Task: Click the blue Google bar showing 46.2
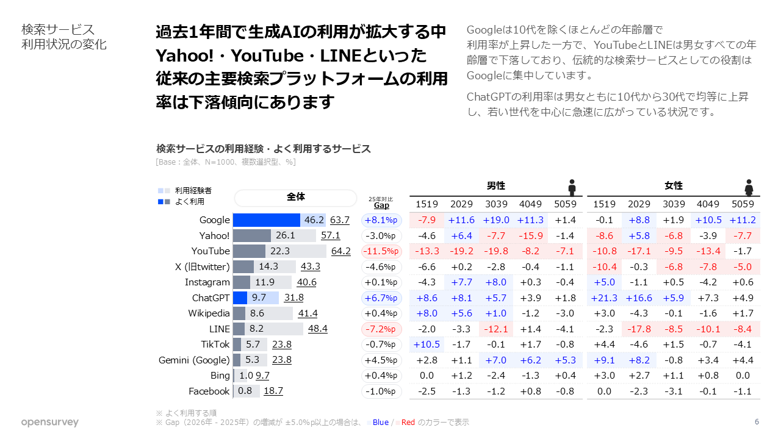[267, 220]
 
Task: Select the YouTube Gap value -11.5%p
[381, 251]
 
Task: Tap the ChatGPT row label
[211, 298]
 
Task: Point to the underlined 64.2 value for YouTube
[340, 251]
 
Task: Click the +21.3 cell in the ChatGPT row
[604, 298]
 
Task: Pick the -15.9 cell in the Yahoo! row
[530, 235]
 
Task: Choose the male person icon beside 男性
[572, 187]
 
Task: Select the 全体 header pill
[295, 198]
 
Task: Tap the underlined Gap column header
[381, 205]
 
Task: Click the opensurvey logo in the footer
[49, 423]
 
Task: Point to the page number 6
[757, 422]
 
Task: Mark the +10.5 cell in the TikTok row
[426, 344]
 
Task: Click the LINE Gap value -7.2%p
[381, 329]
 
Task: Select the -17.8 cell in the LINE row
[639, 329]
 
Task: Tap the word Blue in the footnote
[380, 423]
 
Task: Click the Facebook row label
[209, 391]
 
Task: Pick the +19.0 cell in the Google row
[496, 220]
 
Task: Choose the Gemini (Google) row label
[194, 360]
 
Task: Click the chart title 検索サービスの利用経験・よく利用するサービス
[264, 149]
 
